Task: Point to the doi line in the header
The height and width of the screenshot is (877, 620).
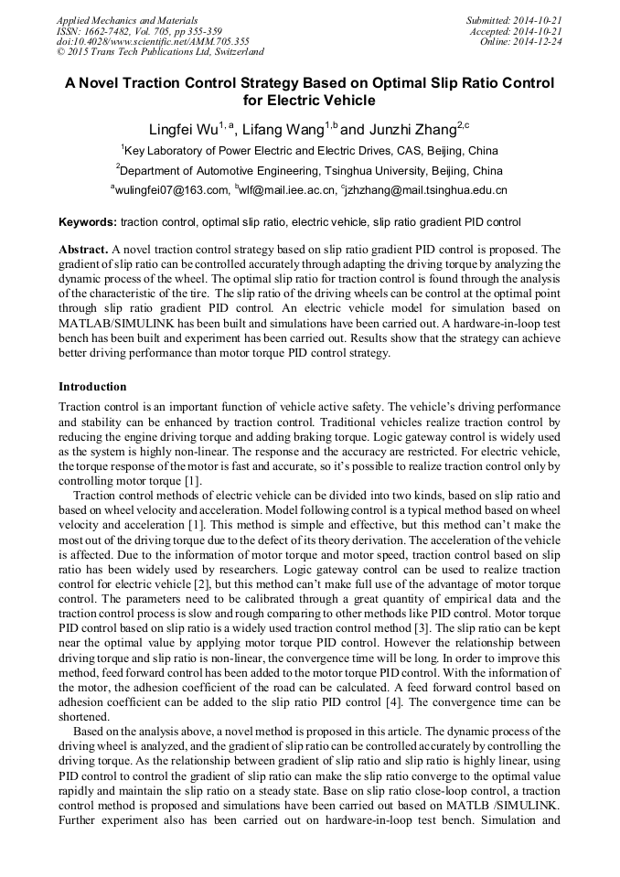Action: (153, 41)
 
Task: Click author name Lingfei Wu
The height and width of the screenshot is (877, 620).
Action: (183, 129)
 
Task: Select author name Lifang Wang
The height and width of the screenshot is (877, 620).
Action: (278, 129)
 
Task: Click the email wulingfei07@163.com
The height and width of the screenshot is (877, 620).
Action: (171, 190)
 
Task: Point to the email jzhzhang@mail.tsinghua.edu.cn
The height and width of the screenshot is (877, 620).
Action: (426, 190)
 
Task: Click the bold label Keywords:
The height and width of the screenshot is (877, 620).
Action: (88, 222)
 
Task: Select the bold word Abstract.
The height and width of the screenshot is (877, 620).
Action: (83, 249)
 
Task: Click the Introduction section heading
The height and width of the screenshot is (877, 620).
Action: (92, 387)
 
